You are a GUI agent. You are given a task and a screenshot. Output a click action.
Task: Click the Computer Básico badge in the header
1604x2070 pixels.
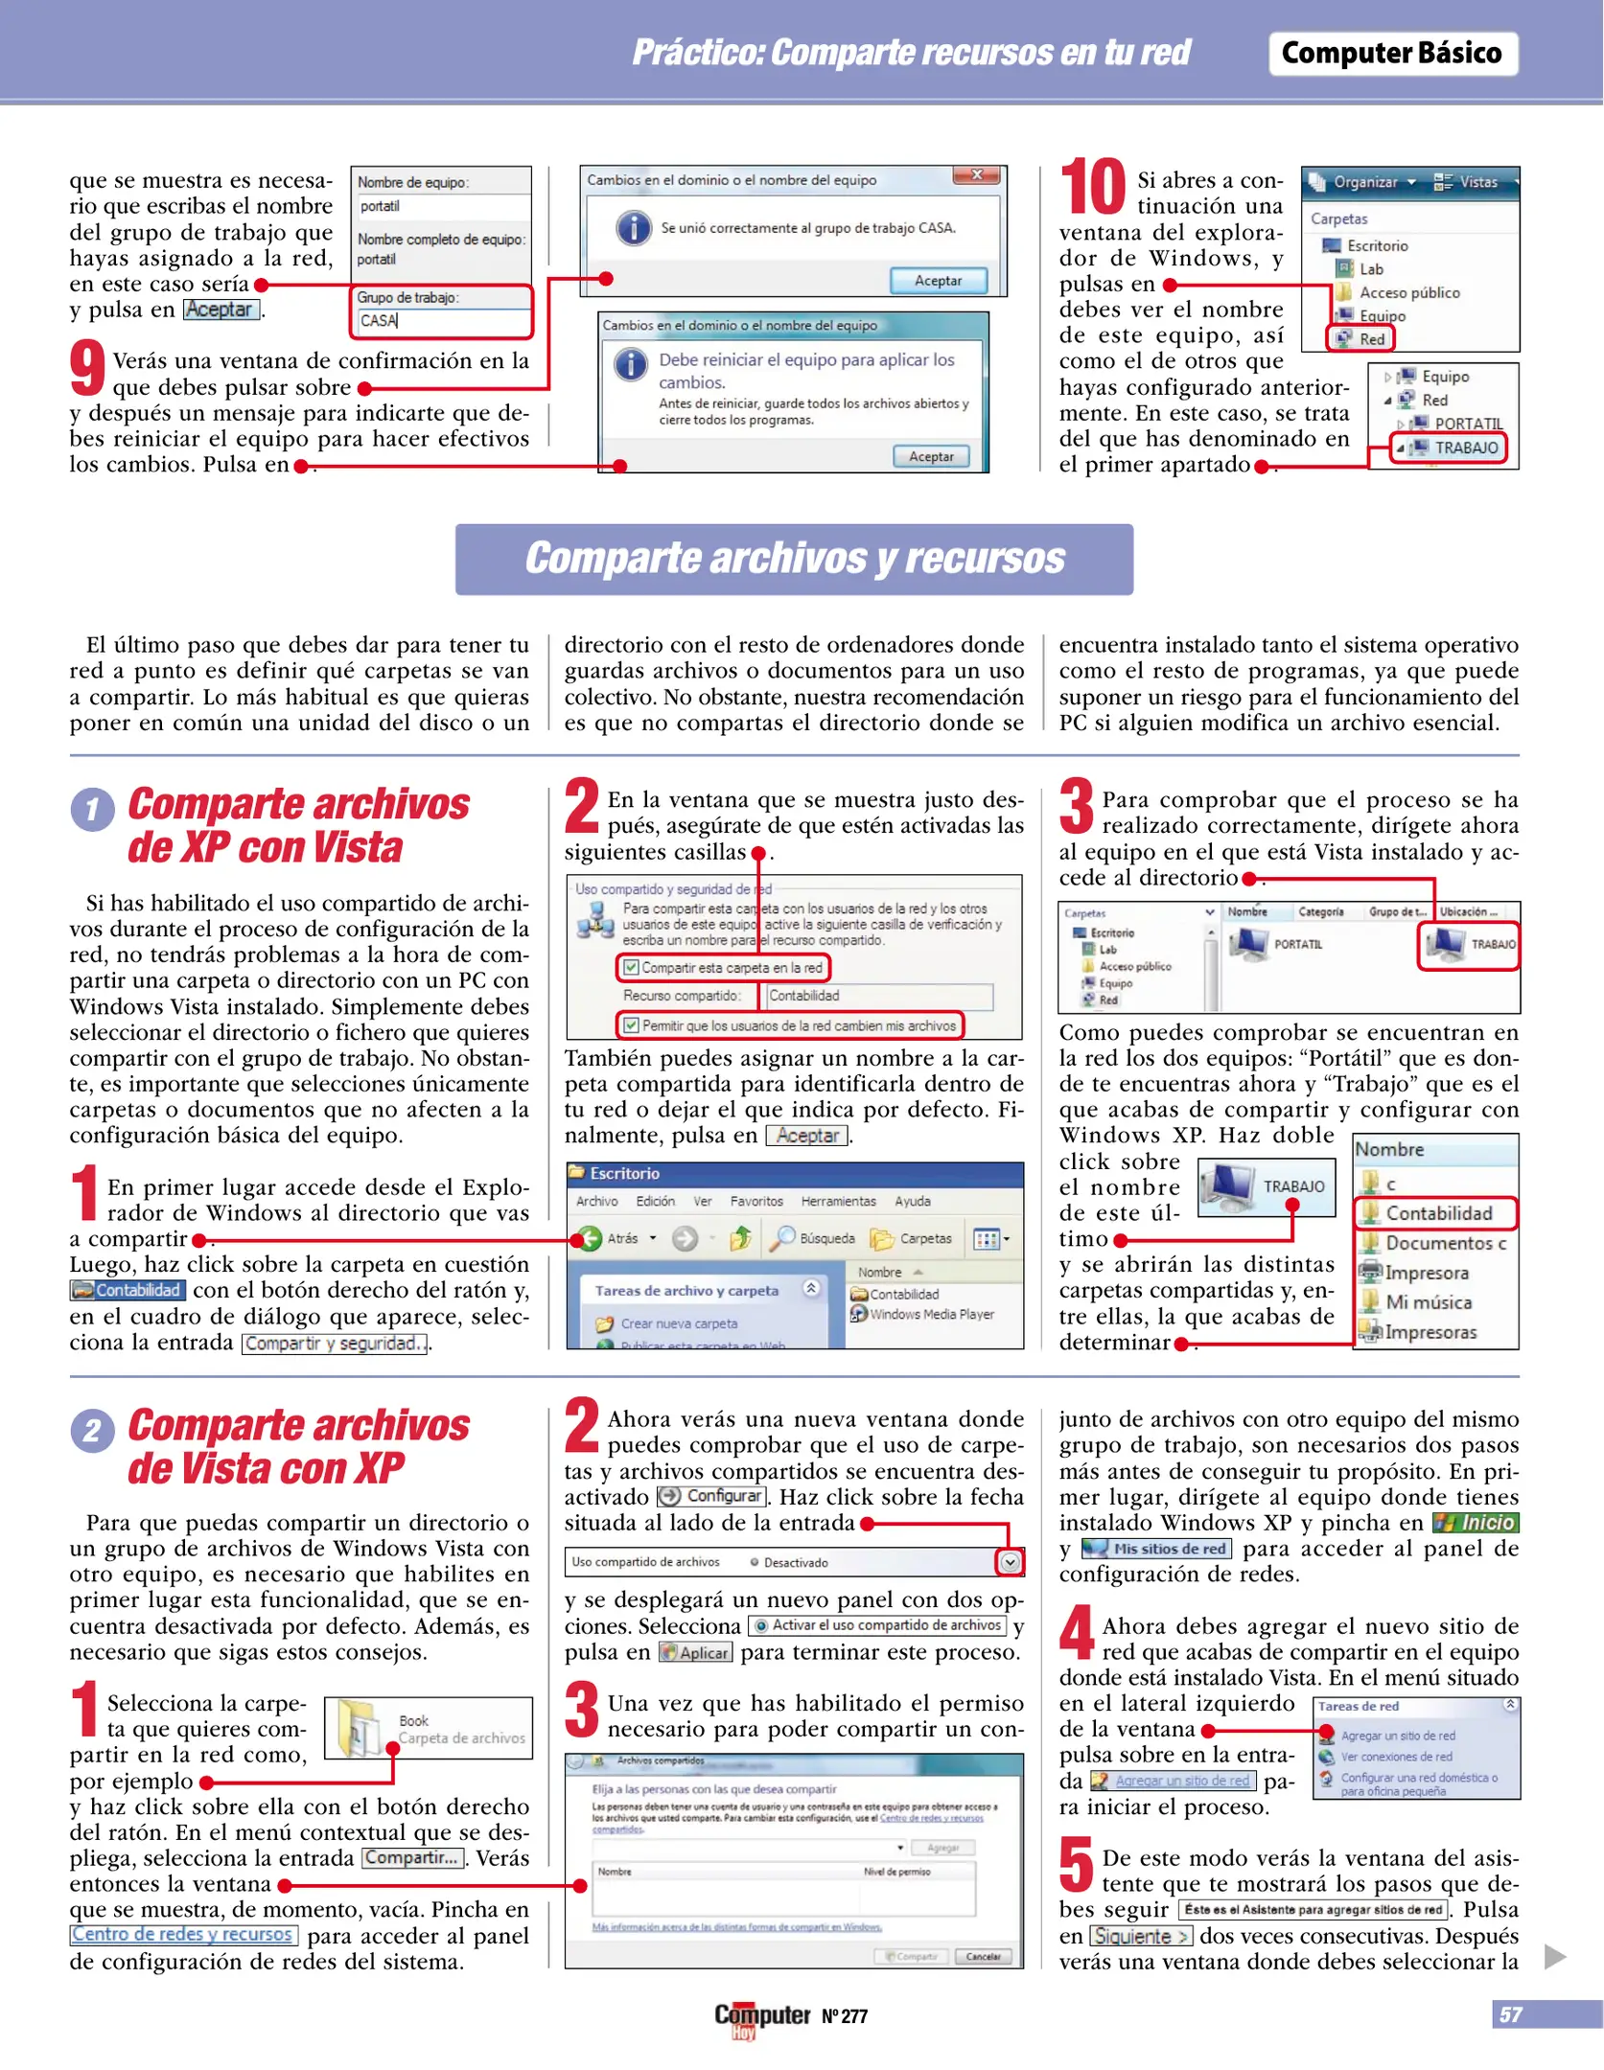pyautogui.click(x=1391, y=54)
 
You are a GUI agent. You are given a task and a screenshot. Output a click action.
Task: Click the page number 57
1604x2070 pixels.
pyautogui.click(x=1511, y=2014)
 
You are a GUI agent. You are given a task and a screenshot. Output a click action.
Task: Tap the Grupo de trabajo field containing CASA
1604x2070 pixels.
pyautogui.click(x=441, y=321)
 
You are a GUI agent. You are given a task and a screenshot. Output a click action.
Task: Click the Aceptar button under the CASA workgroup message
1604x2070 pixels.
pyautogui.click(x=938, y=281)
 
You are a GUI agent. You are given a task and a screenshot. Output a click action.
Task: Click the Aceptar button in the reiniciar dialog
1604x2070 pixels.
pyautogui.click(x=931, y=456)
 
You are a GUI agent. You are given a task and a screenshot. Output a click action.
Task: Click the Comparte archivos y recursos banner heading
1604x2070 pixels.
pyautogui.click(x=794, y=559)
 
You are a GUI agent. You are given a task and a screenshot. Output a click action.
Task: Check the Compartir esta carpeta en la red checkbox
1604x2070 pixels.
pyautogui.click(x=631, y=967)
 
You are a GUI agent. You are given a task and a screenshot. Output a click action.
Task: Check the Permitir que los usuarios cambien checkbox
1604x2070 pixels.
pyautogui.click(x=631, y=1025)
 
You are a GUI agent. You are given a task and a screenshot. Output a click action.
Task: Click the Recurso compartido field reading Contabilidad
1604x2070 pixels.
pyautogui.click(x=877, y=996)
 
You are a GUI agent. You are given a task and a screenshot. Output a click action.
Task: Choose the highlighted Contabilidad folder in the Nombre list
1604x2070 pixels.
pyautogui.click(x=1435, y=1213)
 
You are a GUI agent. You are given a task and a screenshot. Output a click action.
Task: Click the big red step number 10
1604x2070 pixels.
pyautogui.click(x=1092, y=187)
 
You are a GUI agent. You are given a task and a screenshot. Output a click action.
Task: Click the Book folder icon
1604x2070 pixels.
pyautogui.click(x=360, y=1728)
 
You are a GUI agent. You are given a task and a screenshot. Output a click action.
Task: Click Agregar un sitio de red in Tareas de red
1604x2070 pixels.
pyautogui.click(x=1397, y=1736)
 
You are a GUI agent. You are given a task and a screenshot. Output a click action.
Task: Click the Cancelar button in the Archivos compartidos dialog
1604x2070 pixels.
pyautogui.click(x=983, y=1957)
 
